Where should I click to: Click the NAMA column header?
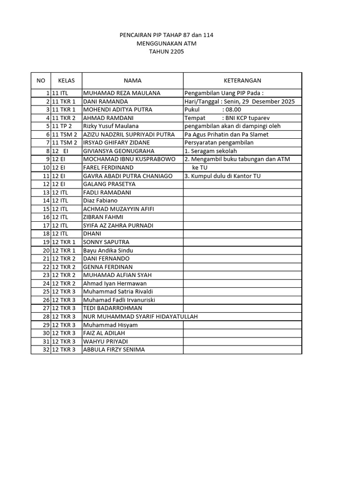pyautogui.click(x=132, y=81)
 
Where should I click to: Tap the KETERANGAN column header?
pyautogui.click(x=242, y=81)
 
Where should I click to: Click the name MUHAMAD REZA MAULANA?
pyautogui.click(x=121, y=93)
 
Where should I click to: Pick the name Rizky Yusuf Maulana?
pyautogui.click(x=111, y=126)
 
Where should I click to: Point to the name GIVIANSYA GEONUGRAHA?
pyautogui.click(x=119, y=151)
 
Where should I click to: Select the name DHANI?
pyautogui.click(x=92, y=233)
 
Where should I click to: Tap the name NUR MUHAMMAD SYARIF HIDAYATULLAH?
pyautogui.click(x=140, y=316)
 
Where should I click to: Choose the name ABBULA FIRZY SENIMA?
pyautogui.click(x=114, y=350)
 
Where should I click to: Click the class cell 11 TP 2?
pyautogui.click(x=62, y=126)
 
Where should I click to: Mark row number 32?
pyautogui.click(x=46, y=350)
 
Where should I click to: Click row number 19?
pyautogui.click(x=46, y=242)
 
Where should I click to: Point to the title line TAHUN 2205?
pyautogui.click(x=166, y=52)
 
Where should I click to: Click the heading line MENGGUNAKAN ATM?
pyautogui.click(x=166, y=44)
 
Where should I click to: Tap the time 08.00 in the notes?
pyautogui.click(x=232, y=110)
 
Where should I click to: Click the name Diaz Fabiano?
pyautogui.click(x=100, y=201)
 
